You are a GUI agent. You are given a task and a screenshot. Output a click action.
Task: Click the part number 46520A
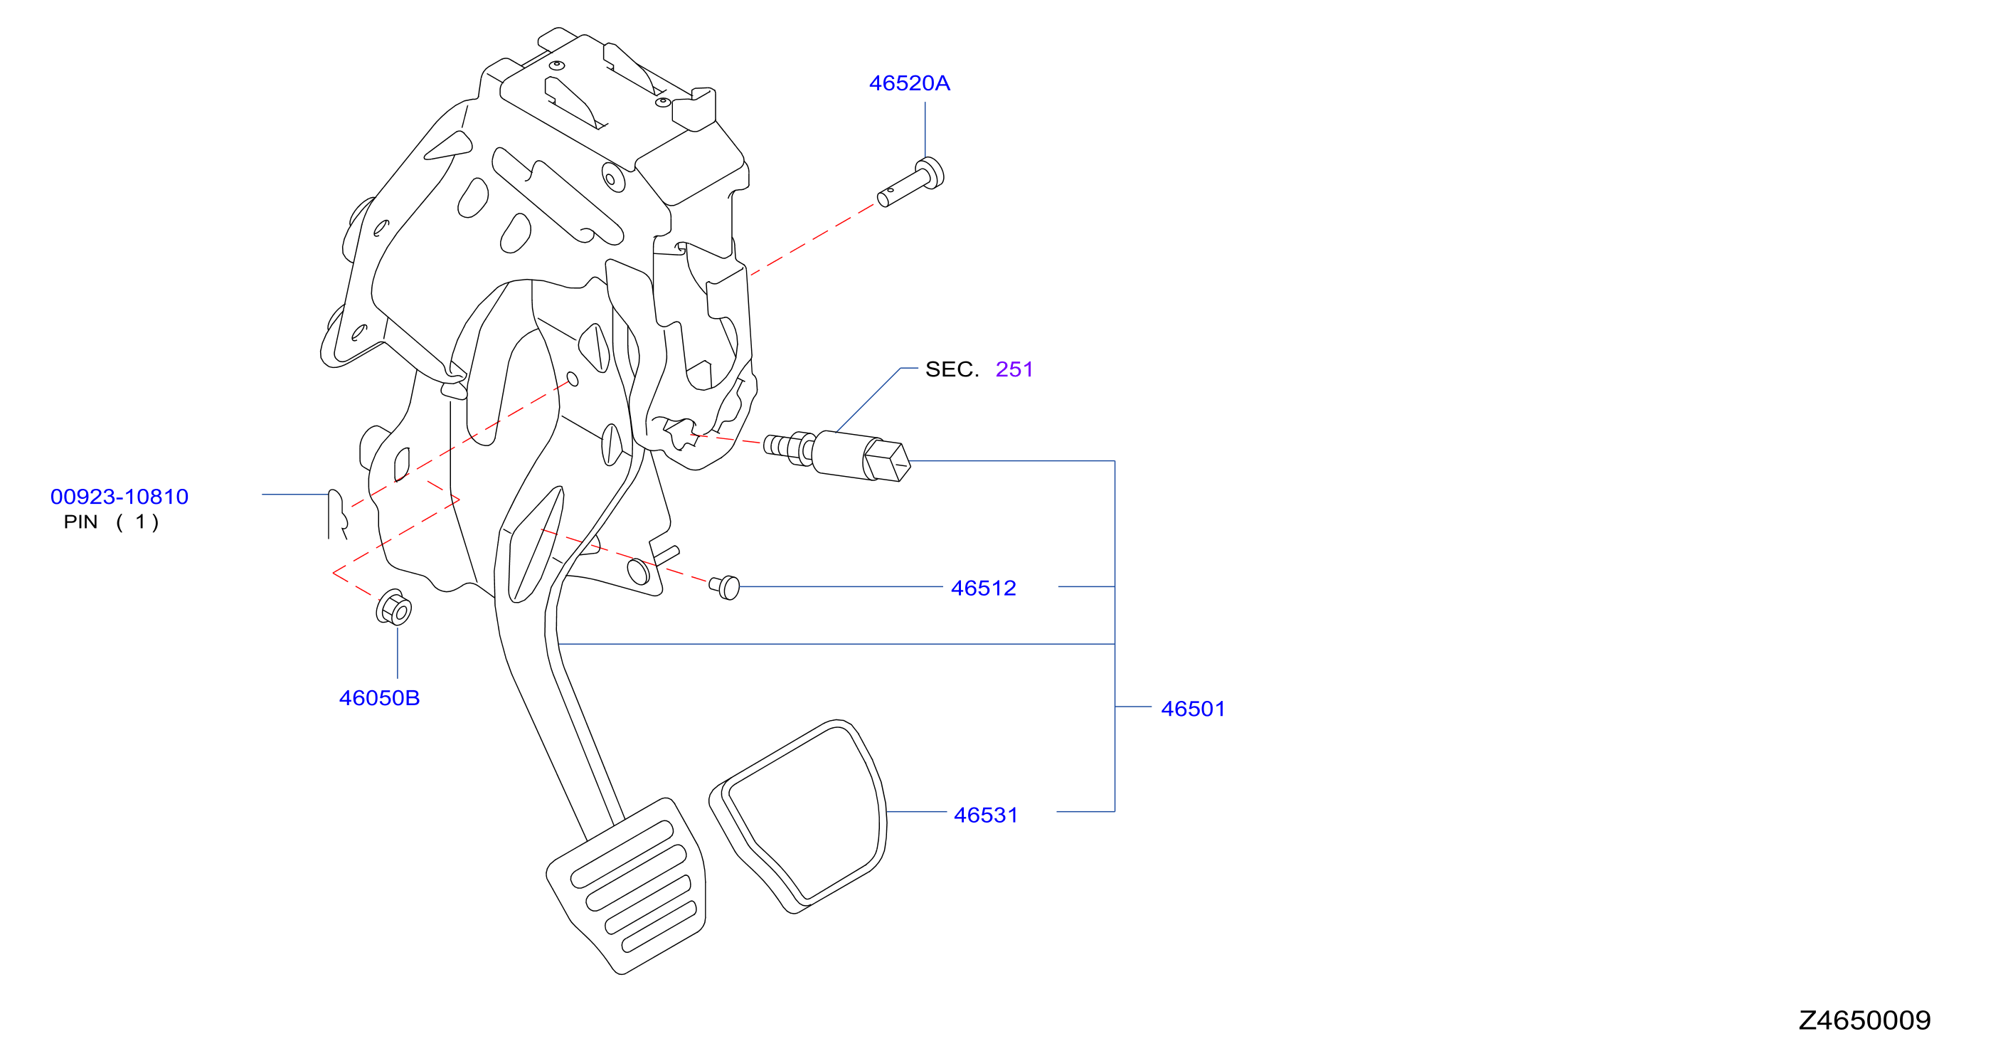click(x=909, y=83)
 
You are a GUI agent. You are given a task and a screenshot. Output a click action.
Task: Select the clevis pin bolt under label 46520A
click(x=910, y=182)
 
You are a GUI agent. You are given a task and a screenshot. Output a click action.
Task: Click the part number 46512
click(x=983, y=588)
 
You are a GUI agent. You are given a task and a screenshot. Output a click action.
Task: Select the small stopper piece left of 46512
click(x=724, y=586)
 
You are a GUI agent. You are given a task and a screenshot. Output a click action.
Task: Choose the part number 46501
click(x=1193, y=709)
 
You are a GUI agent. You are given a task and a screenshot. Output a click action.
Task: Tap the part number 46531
click(x=985, y=815)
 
